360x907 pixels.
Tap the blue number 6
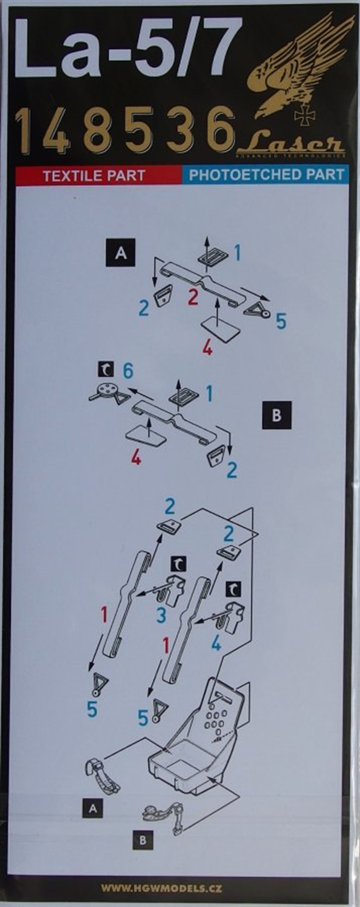coord(128,370)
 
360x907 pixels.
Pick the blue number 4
coord(216,644)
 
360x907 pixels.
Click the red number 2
coord(193,297)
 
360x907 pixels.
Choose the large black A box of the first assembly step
coord(121,252)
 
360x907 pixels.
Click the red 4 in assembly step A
coord(208,348)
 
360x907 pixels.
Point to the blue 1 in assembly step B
coord(209,394)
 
